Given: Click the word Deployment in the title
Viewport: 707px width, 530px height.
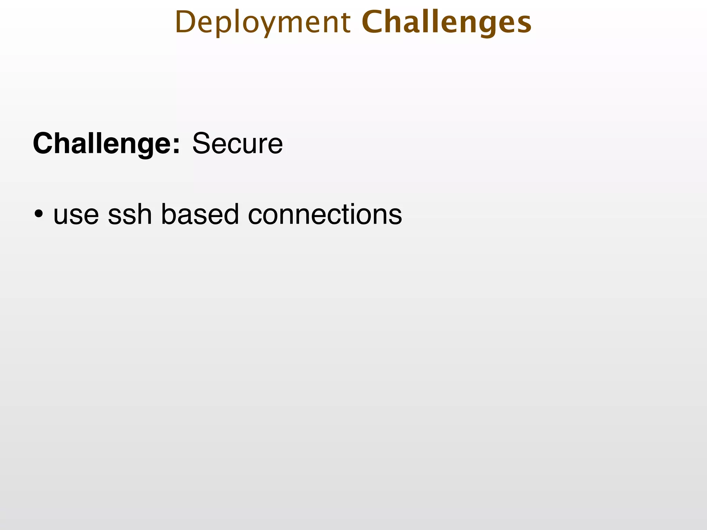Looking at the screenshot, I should click(x=263, y=23).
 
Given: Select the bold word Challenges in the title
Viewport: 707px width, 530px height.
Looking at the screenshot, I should click(x=446, y=23).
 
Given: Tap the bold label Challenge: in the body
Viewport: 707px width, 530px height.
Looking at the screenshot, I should click(x=106, y=144).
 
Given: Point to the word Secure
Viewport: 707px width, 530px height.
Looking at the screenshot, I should click(x=238, y=144).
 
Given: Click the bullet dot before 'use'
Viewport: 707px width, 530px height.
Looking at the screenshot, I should click(x=39, y=214).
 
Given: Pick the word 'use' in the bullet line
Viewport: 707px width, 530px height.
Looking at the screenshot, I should click(x=76, y=214).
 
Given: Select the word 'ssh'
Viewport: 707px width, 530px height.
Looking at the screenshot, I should click(x=130, y=214).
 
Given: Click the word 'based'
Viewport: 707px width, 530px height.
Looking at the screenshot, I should click(x=200, y=214).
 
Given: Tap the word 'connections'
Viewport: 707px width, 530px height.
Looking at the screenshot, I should click(x=325, y=214).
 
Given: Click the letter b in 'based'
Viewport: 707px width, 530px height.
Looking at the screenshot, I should click(x=169, y=214).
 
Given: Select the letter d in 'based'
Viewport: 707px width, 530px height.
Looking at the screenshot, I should click(x=231, y=214).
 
